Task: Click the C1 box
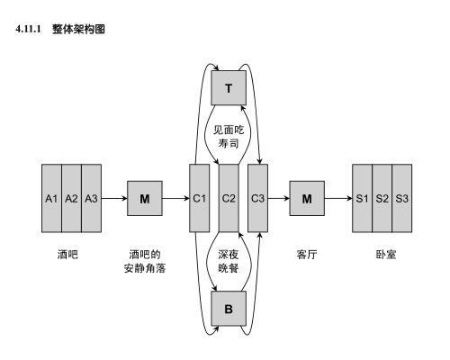coord(199,198)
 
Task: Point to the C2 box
coord(229,198)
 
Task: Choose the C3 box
coord(257,198)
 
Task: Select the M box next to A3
coord(144,198)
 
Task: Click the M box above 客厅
coord(307,198)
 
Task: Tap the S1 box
coord(363,198)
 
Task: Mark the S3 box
coord(402,198)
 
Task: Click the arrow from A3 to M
coord(113,198)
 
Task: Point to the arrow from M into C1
coord(175,198)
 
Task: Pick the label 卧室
coord(382,255)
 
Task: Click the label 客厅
coord(307,255)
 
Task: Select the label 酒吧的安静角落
coord(144,261)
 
